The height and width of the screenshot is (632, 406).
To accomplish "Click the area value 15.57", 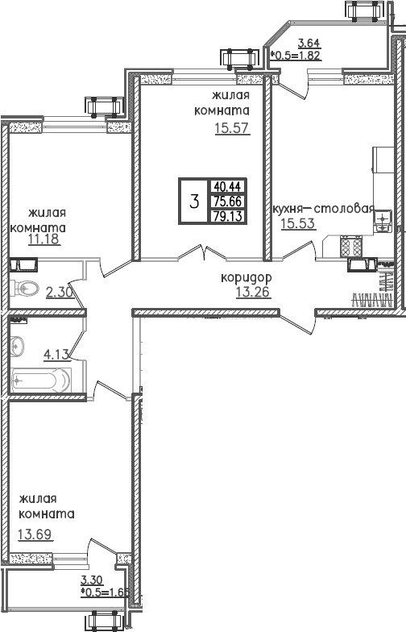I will pos(232,128).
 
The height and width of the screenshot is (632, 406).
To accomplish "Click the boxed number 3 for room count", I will pos(193,201).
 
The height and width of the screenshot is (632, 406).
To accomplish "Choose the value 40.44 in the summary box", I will pos(228,185).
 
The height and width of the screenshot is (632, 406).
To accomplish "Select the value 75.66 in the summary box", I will pos(228,200).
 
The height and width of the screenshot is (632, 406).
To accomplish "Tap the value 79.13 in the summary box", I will pos(228,215).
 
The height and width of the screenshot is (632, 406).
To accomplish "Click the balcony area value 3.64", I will pos(309,44).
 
